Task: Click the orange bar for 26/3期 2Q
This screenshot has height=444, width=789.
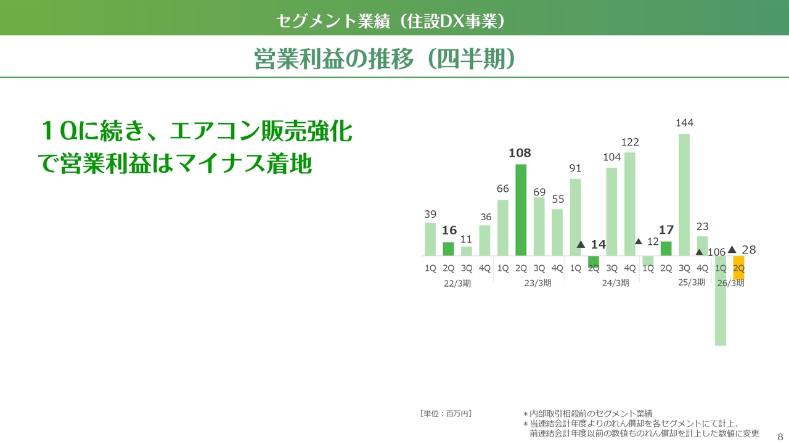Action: point(738,268)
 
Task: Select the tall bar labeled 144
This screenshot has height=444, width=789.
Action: point(684,195)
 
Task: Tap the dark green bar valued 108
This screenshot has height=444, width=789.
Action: point(521,210)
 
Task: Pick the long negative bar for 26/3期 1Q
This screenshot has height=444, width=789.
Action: point(721,300)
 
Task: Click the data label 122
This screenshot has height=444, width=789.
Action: point(630,142)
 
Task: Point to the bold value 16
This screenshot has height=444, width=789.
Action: point(449,231)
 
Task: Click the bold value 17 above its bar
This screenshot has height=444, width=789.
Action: point(666,230)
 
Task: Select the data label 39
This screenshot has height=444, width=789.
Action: point(430,214)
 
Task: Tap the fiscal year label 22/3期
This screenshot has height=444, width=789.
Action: point(457,283)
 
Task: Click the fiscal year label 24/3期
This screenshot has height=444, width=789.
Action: point(615,283)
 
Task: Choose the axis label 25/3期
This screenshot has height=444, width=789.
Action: point(692,282)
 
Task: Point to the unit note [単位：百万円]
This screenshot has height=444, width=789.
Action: point(446,413)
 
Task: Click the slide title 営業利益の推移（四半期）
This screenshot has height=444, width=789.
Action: point(385,59)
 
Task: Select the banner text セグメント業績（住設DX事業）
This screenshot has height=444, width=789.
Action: point(391,21)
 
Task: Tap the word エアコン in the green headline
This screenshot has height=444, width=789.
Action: point(215,131)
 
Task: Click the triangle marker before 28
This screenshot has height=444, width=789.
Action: point(732,250)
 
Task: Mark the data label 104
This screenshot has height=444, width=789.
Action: point(612,157)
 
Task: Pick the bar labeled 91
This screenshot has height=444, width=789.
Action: point(575,217)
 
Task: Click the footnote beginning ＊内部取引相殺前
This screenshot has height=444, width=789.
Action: point(587,413)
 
